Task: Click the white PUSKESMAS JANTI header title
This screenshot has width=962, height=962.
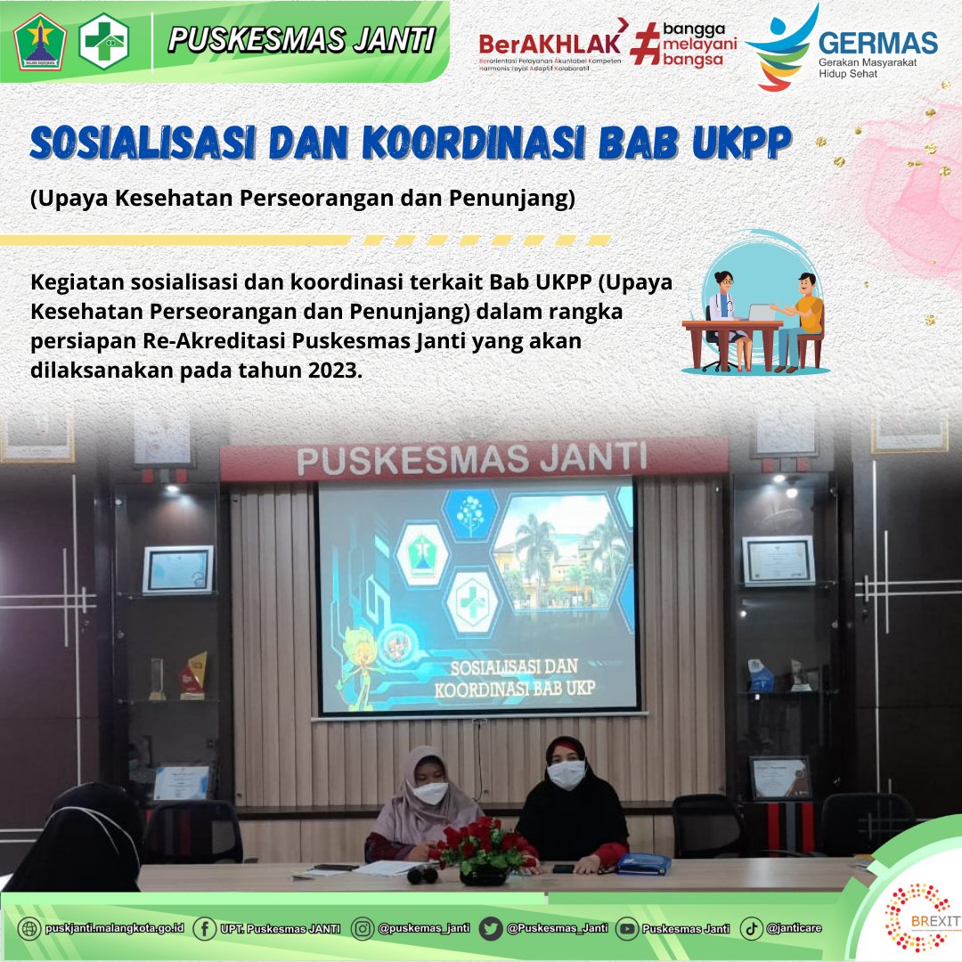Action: [302, 39]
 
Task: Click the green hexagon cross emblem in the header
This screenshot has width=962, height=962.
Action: [104, 41]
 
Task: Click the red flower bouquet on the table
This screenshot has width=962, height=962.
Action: [483, 844]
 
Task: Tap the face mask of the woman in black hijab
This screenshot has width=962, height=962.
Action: [567, 773]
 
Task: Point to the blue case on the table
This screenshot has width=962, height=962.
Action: [643, 862]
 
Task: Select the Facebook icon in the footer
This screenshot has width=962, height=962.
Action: [204, 928]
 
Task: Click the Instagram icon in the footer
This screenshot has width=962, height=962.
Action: [363, 928]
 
